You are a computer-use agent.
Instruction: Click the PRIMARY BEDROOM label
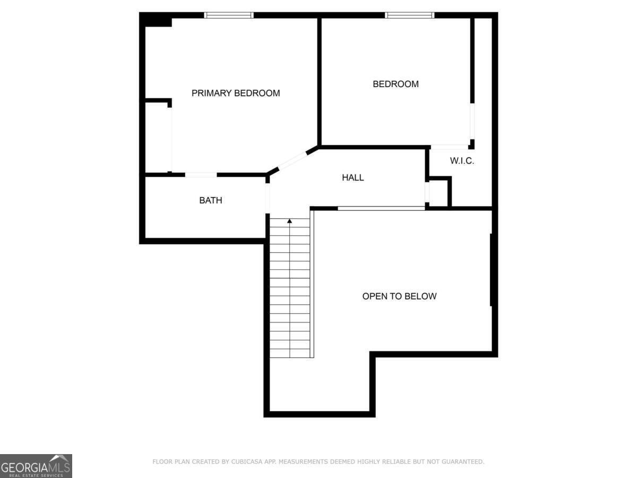pos(236,93)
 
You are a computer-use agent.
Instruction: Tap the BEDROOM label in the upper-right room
pos(395,84)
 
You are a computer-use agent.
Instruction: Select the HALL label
pos(352,177)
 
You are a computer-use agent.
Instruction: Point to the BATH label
pos(211,200)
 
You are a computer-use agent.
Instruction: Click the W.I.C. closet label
pos(462,161)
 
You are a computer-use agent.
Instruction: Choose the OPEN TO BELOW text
pos(399,296)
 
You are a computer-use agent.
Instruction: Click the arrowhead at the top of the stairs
pos(290,221)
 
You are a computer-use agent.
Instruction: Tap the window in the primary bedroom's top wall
pos(229,15)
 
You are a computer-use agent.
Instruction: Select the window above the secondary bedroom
pos(410,15)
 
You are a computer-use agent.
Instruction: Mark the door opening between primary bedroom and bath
pos(201,175)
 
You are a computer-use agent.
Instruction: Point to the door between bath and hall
pos(268,198)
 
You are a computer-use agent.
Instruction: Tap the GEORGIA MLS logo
pos(36,466)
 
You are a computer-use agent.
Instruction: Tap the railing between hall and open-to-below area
pos(381,208)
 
